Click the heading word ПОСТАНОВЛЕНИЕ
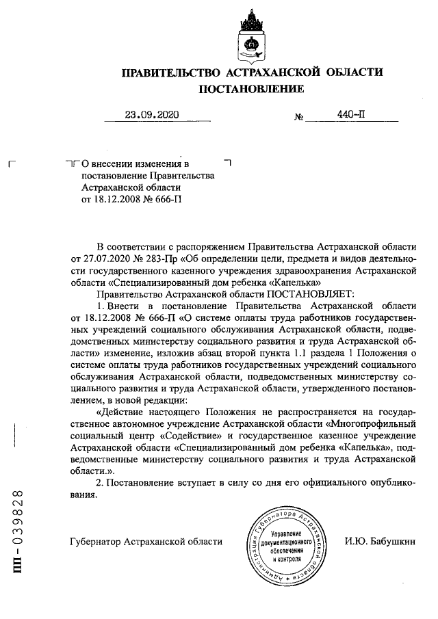(x=251, y=89)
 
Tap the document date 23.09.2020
(x=151, y=115)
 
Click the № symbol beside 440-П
(x=298, y=117)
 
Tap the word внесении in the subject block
(x=112, y=164)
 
